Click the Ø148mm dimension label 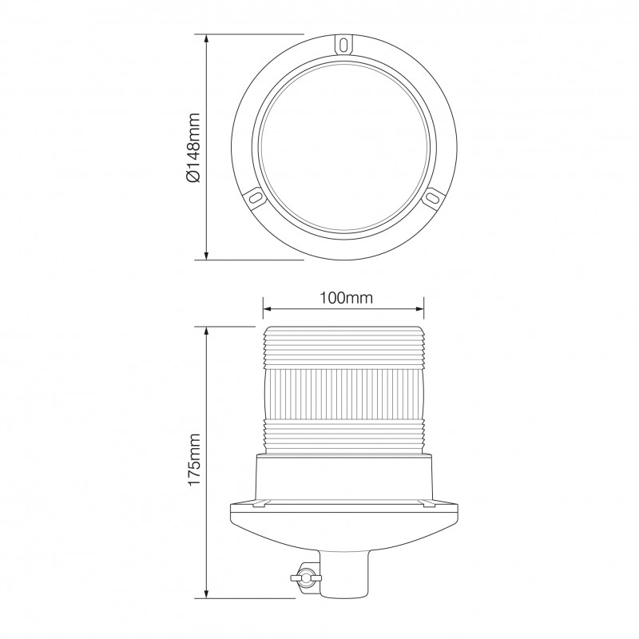(192, 148)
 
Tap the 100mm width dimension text (343, 298)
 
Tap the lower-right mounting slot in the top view (432, 196)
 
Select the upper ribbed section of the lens (343, 349)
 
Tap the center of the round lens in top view (343, 148)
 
